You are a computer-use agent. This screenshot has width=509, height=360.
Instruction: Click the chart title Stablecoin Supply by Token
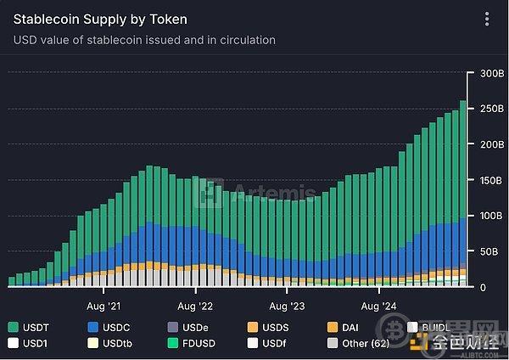click(x=100, y=19)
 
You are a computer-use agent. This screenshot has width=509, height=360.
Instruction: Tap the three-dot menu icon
click(x=486, y=19)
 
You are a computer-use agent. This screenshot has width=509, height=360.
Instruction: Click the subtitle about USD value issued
click(x=144, y=40)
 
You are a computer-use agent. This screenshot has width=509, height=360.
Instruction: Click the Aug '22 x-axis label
click(x=195, y=304)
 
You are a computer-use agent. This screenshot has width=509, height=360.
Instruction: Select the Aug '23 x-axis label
click(x=286, y=304)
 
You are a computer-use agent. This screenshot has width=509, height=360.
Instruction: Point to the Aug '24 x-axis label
click(x=378, y=304)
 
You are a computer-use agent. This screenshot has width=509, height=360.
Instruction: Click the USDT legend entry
click(x=30, y=327)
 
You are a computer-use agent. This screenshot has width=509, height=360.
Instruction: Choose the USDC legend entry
click(x=110, y=327)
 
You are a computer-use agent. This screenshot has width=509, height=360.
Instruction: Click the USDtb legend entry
click(x=109, y=344)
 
